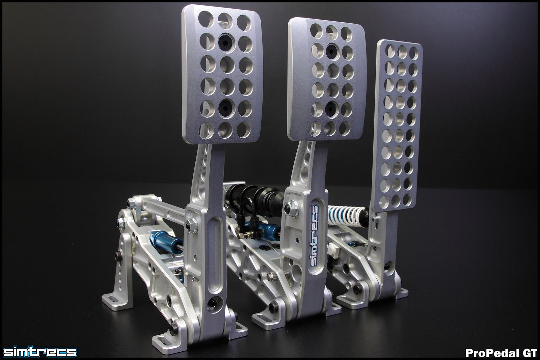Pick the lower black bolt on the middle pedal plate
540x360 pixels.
pyautogui.click(x=331, y=107)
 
